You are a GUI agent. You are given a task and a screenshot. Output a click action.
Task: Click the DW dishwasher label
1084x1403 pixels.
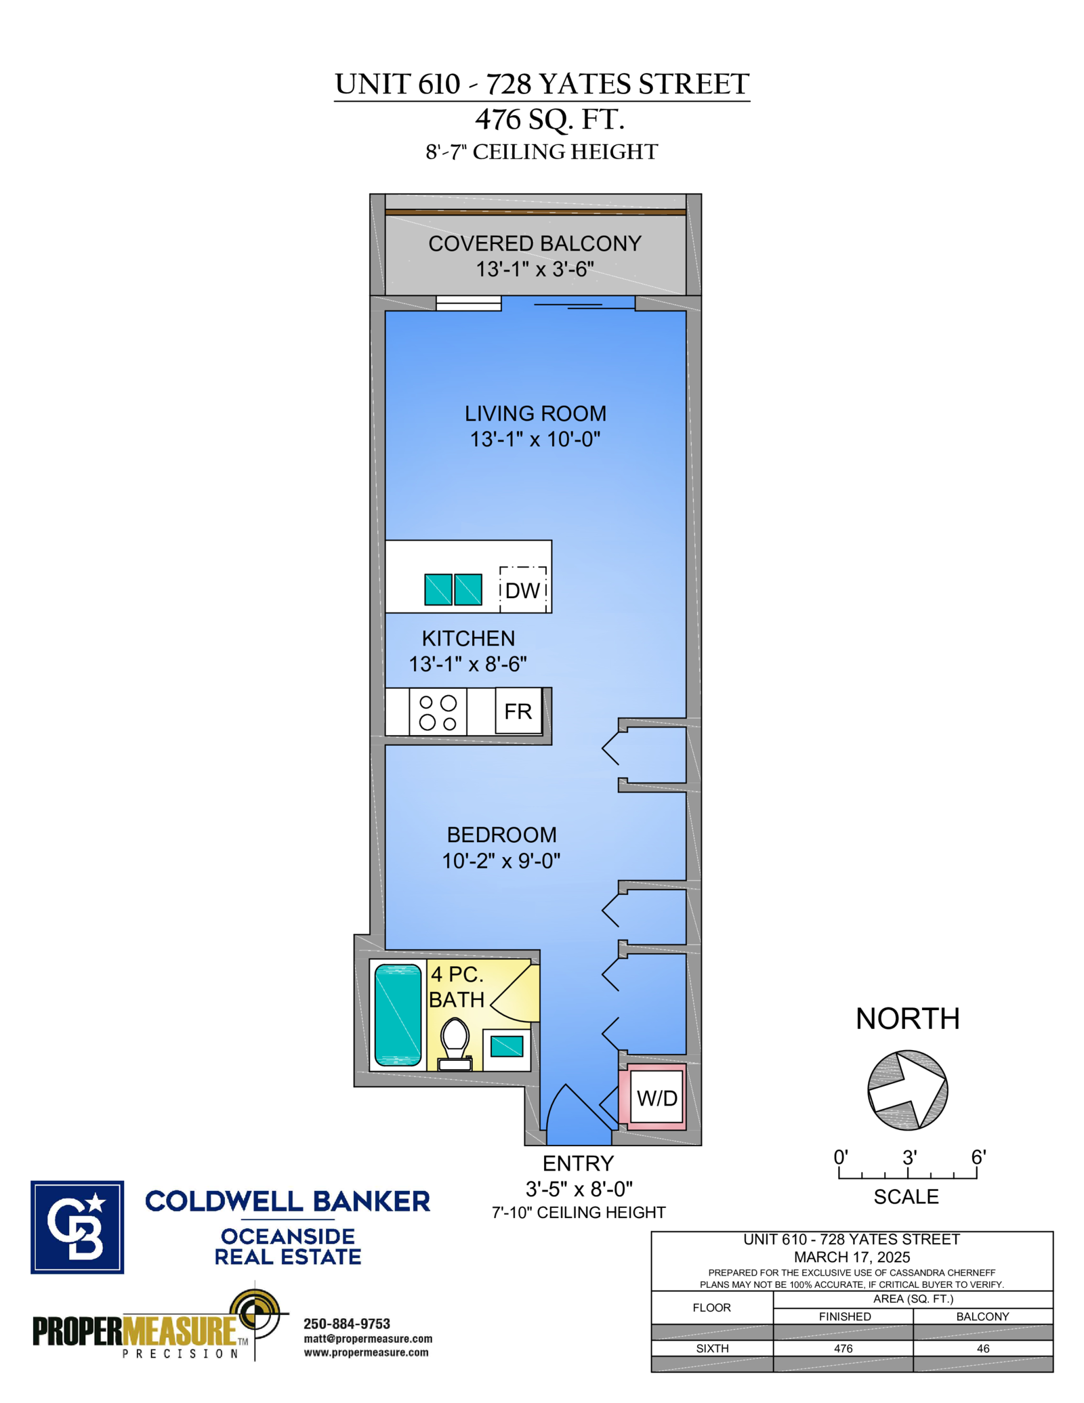point(522,591)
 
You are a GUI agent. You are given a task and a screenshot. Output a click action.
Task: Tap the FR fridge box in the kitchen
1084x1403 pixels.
point(518,711)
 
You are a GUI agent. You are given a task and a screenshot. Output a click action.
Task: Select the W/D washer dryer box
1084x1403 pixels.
point(656,1099)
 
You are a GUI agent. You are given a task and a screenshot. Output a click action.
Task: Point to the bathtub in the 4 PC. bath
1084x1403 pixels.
point(398,1014)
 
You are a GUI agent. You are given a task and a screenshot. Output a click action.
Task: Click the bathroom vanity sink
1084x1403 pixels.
point(507,1047)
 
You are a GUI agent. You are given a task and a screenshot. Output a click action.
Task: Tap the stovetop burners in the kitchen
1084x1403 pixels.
point(438,713)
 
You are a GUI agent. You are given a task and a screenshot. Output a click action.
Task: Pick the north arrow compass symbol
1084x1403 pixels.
point(907,1090)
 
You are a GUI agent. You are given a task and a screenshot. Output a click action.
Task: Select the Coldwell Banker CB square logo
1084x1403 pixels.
point(77,1227)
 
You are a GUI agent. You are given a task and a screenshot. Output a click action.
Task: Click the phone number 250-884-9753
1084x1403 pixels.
point(347,1324)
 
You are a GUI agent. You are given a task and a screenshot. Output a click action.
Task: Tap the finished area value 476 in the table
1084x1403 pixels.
point(843,1349)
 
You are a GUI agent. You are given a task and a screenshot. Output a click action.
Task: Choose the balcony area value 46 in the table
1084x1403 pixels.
point(983,1349)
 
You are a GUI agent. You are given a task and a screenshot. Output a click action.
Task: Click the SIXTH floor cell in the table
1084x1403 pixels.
point(712,1349)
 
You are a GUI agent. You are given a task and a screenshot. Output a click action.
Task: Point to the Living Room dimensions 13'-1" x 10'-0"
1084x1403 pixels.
point(535,440)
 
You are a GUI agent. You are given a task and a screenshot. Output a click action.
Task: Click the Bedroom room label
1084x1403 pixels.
point(501,835)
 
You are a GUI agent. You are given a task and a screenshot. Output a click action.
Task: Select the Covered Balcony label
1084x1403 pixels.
point(535,244)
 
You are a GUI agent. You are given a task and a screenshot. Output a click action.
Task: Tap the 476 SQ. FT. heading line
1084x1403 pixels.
point(549,120)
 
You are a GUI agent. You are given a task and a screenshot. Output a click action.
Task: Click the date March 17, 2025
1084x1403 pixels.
point(852,1257)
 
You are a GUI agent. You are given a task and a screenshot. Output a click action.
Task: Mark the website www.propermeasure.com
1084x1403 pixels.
point(366,1353)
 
